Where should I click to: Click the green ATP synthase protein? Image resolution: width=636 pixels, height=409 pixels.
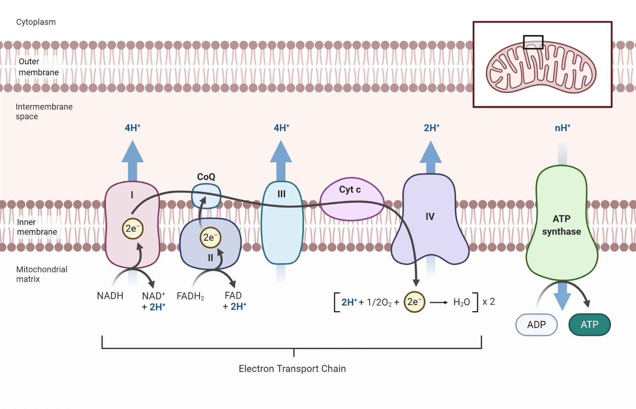click(x=562, y=225)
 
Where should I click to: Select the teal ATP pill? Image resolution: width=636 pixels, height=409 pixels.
click(x=589, y=325)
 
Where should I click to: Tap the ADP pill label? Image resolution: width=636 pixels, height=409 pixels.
click(x=536, y=325)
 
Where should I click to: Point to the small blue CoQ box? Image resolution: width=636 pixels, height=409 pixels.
click(x=206, y=196)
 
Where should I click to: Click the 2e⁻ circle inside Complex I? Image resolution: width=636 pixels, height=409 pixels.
click(x=132, y=229)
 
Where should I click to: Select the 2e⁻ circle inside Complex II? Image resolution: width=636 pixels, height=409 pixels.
click(x=210, y=237)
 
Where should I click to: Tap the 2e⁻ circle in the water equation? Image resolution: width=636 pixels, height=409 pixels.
click(x=414, y=302)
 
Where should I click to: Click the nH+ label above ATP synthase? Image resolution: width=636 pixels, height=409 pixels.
click(x=562, y=128)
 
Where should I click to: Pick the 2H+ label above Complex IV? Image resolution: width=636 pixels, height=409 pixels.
click(x=431, y=128)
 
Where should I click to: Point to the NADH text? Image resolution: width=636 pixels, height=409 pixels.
click(x=110, y=296)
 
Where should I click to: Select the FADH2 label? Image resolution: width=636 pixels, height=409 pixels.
click(x=190, y=296)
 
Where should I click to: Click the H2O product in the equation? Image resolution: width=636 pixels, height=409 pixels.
click(x=461, y=302)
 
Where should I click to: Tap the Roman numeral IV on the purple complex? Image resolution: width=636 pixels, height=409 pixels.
click(x=430, y=217)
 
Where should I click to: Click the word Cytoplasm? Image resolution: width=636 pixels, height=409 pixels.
click(x=36, y=22)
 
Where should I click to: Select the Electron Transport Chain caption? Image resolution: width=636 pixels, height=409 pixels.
click(x=292, y=369)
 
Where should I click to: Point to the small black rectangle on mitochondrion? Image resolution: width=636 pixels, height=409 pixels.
click(x=533, y=42)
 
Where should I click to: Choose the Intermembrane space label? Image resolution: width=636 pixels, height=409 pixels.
click(x=44, y=111)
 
